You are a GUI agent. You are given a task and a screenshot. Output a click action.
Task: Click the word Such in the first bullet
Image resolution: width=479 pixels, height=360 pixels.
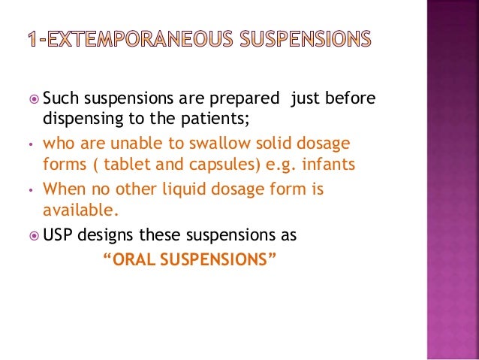tap(61, 100)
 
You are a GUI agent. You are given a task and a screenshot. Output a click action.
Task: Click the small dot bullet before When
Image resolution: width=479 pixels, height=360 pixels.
tap(28, 191)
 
